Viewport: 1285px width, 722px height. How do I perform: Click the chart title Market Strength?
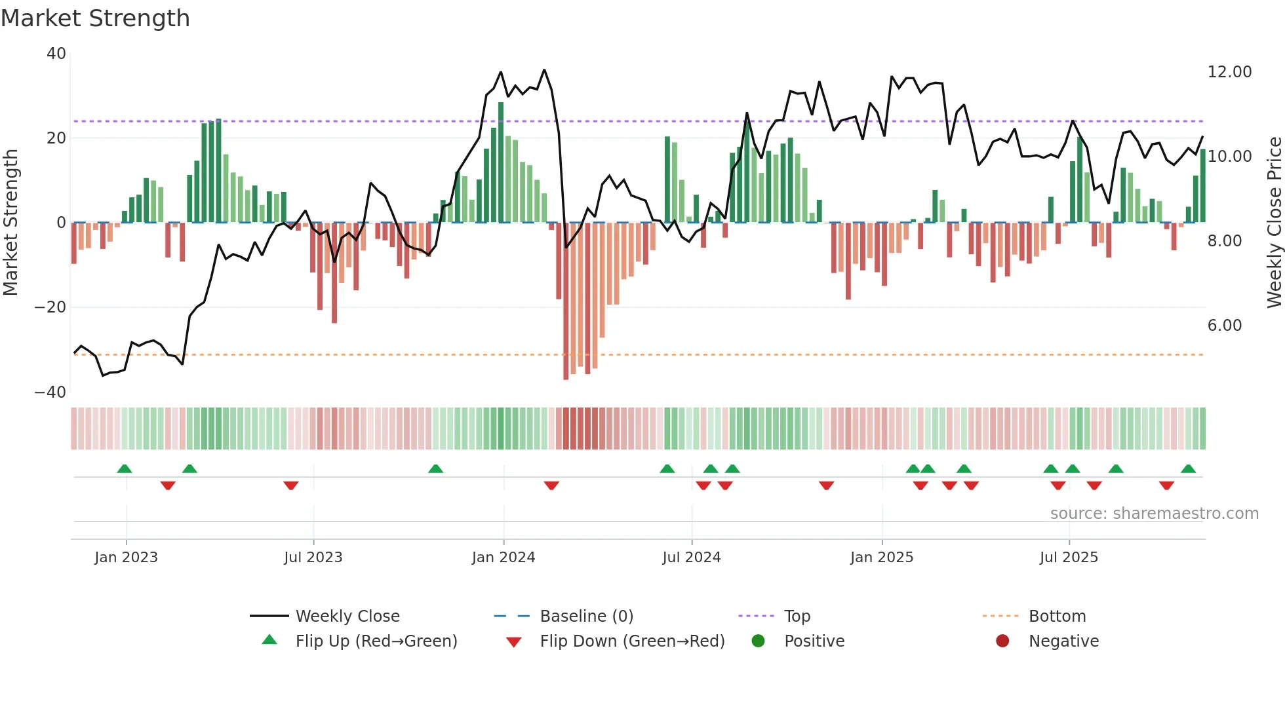coord(95,18)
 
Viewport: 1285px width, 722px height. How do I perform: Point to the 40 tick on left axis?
coord(56,54)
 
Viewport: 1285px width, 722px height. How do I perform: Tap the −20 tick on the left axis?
coord(50,307)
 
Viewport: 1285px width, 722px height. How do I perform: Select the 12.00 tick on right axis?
coord(1229,72)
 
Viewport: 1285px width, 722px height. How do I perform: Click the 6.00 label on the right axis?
coord(1224,326)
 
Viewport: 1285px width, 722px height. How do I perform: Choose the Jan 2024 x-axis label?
coord(503,558)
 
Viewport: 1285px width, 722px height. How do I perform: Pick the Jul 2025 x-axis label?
coord(1068,558)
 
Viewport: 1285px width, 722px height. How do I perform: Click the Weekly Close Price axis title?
coord(1274,223)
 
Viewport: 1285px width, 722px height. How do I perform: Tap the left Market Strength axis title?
coord(10,223)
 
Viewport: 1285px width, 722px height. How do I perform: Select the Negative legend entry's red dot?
coord(1002,641)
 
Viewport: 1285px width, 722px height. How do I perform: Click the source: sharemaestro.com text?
coord(1154,514)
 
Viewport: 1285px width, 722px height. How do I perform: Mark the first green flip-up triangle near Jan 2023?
coord(125,468)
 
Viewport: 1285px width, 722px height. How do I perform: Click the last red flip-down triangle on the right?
coord(1166,485)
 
